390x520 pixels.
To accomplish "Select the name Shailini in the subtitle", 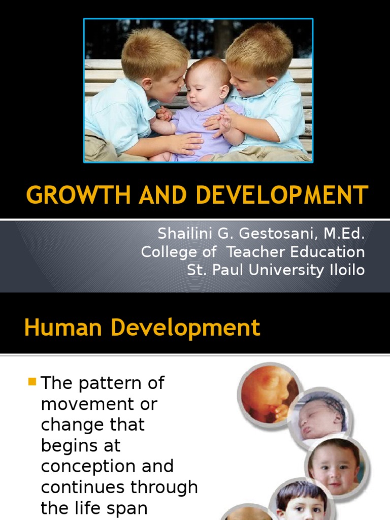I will [x=184, y=234].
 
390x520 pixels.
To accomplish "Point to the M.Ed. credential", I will [x=342, y=234].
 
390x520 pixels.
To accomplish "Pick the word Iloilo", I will [x=345, y=270].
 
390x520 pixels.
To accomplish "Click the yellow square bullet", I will [x=32, y=381].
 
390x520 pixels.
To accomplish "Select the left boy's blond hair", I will [x=152, y=51].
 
